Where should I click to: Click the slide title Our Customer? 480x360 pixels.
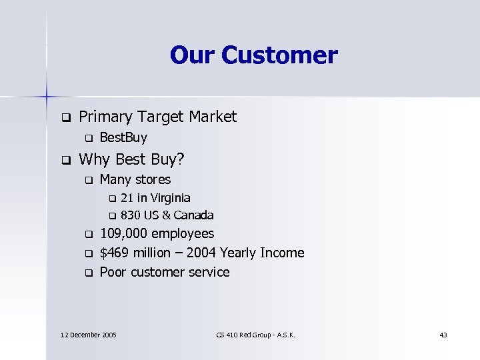pos(253,55)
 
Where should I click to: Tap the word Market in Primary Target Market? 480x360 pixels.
pos(213,117)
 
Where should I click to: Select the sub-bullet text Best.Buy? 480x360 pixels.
pos(123,138)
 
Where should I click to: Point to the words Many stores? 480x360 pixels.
pos(135,179)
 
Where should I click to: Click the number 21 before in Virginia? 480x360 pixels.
pos(127,198)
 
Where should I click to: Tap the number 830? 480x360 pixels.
pos(130,215)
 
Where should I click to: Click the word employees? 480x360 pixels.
pos(183,233)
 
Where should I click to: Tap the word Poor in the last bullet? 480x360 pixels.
pos(112,272)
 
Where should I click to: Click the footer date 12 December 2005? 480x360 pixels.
pos(88,334)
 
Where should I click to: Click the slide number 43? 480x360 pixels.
pos(443,334)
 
